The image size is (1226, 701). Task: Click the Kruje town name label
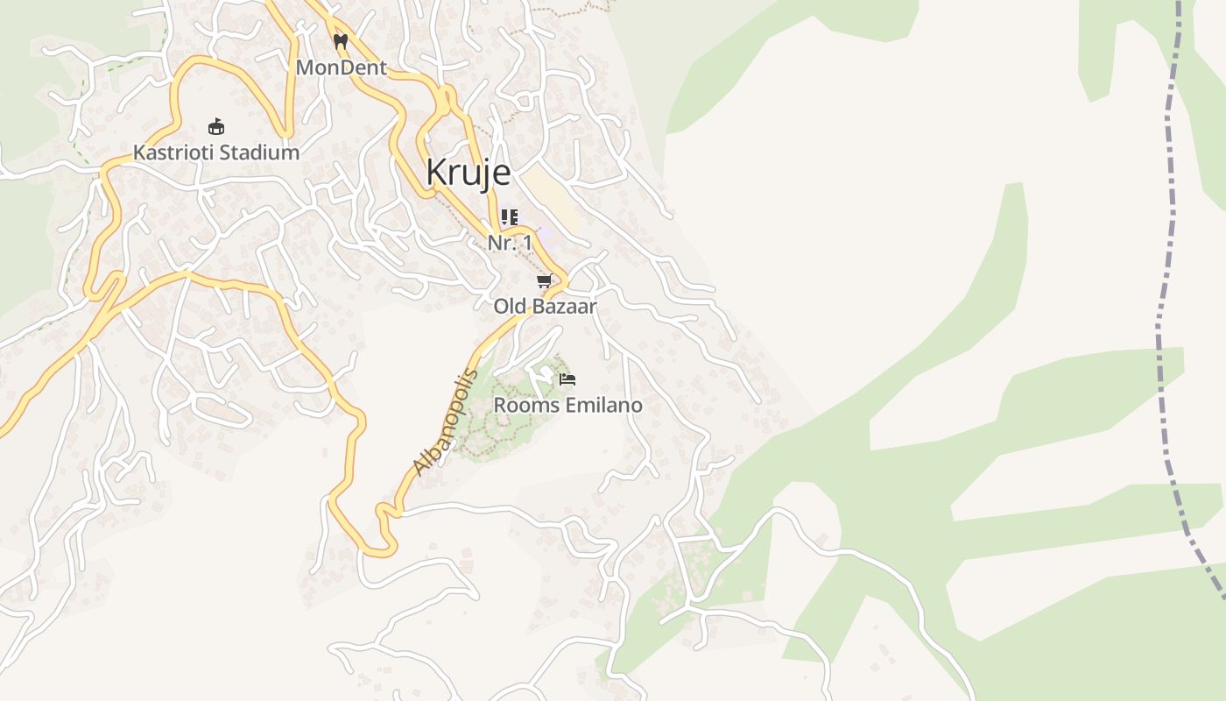[x=468, y=173]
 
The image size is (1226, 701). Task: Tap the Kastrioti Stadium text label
[x=215, y=152]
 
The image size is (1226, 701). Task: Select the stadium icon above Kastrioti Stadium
[x=216, y=127]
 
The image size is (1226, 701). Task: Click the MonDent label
[x=341, y=67]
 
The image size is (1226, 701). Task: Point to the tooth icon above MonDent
[x=341, y=41]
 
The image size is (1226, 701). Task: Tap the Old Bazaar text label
[x=545, y=307]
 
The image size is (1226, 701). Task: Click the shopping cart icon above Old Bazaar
[x=544, y=281]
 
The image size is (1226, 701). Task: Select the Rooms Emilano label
[x=567, y=406]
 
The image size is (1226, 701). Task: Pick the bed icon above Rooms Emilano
[x=567, y=379]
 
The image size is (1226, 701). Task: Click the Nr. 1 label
[x=510, y=243]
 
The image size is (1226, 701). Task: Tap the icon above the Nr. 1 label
[x=510, y=216]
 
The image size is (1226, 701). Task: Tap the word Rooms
[x=521, y=406]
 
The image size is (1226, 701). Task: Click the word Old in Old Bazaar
[x=508, y=307]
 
